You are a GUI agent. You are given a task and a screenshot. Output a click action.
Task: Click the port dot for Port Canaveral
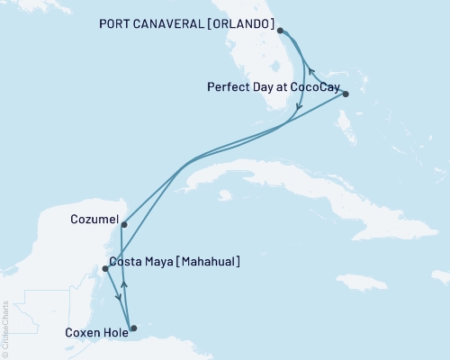281,31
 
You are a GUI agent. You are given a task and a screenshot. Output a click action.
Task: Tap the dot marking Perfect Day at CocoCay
346,94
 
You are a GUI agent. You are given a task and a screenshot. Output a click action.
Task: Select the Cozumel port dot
123,225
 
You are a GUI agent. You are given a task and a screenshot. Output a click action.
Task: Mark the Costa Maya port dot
105,268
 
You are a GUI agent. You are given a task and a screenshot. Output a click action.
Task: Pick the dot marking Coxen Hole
133,328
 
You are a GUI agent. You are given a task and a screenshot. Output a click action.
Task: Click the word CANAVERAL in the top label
163,24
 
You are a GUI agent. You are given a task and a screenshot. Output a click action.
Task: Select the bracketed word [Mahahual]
208,262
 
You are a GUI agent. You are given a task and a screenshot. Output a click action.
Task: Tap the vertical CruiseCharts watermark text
5,328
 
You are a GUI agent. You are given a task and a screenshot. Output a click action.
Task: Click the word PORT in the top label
113,24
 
